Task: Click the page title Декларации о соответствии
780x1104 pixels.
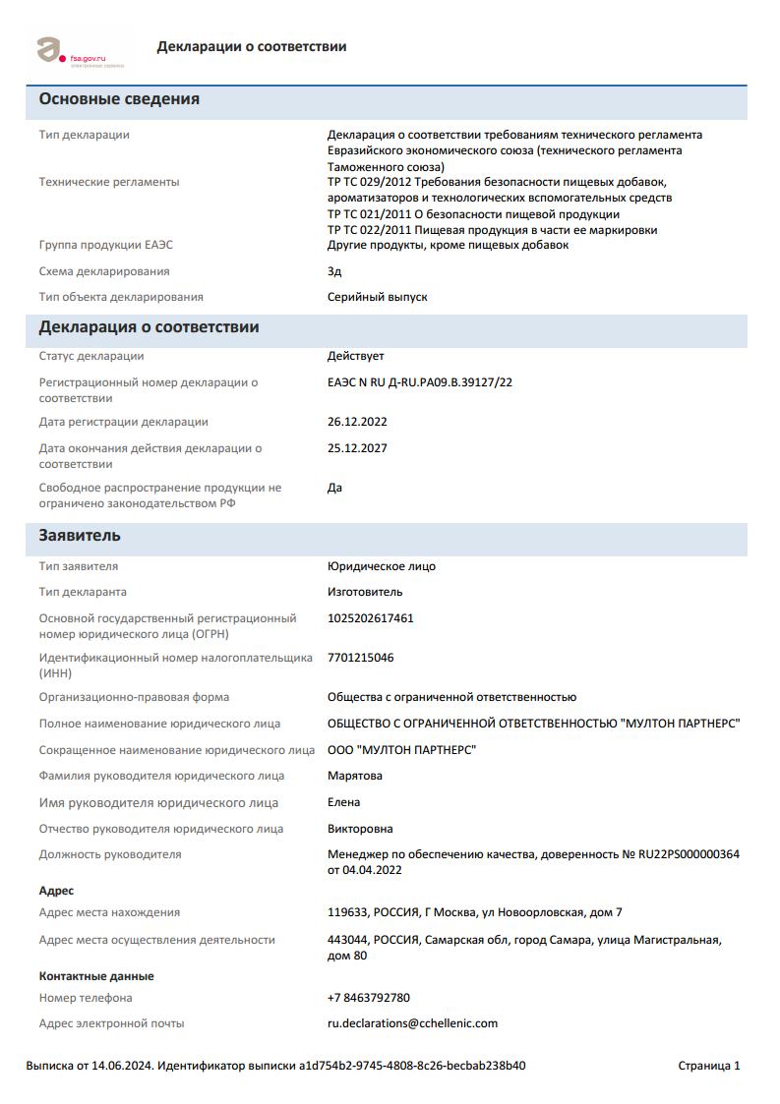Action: [x=251, y=47]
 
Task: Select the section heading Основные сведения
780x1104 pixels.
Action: [x=119, y=99]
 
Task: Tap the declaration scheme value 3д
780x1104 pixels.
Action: [x=334, y=271]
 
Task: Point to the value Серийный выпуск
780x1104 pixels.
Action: [x=377, y=297]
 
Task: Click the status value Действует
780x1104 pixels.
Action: [x=355, y=356]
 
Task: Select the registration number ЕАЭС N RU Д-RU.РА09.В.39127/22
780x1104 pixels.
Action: [x=419, y=382]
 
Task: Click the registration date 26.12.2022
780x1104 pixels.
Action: [x=357, y=422]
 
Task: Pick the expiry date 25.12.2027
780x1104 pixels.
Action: [x=357, y=448]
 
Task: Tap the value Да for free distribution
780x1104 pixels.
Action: [x=334, y=488]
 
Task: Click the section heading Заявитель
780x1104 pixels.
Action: [x=80, y=536]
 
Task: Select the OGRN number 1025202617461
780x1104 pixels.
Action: [x=370, y=618]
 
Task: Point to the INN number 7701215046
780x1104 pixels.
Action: [x=360, y=658]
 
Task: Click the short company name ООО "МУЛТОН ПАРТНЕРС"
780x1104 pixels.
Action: [x=401, y=750]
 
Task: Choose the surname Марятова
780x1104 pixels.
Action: [x=355, y=776]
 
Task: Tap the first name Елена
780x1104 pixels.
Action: [x=343, y=802]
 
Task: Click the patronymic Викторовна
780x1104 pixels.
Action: [x=360, y=829]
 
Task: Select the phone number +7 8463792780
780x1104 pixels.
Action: [x=368, y=998]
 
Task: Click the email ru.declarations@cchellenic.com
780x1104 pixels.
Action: [x=412, y=1023]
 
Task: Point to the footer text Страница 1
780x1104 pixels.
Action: [x=708, y=1066]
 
